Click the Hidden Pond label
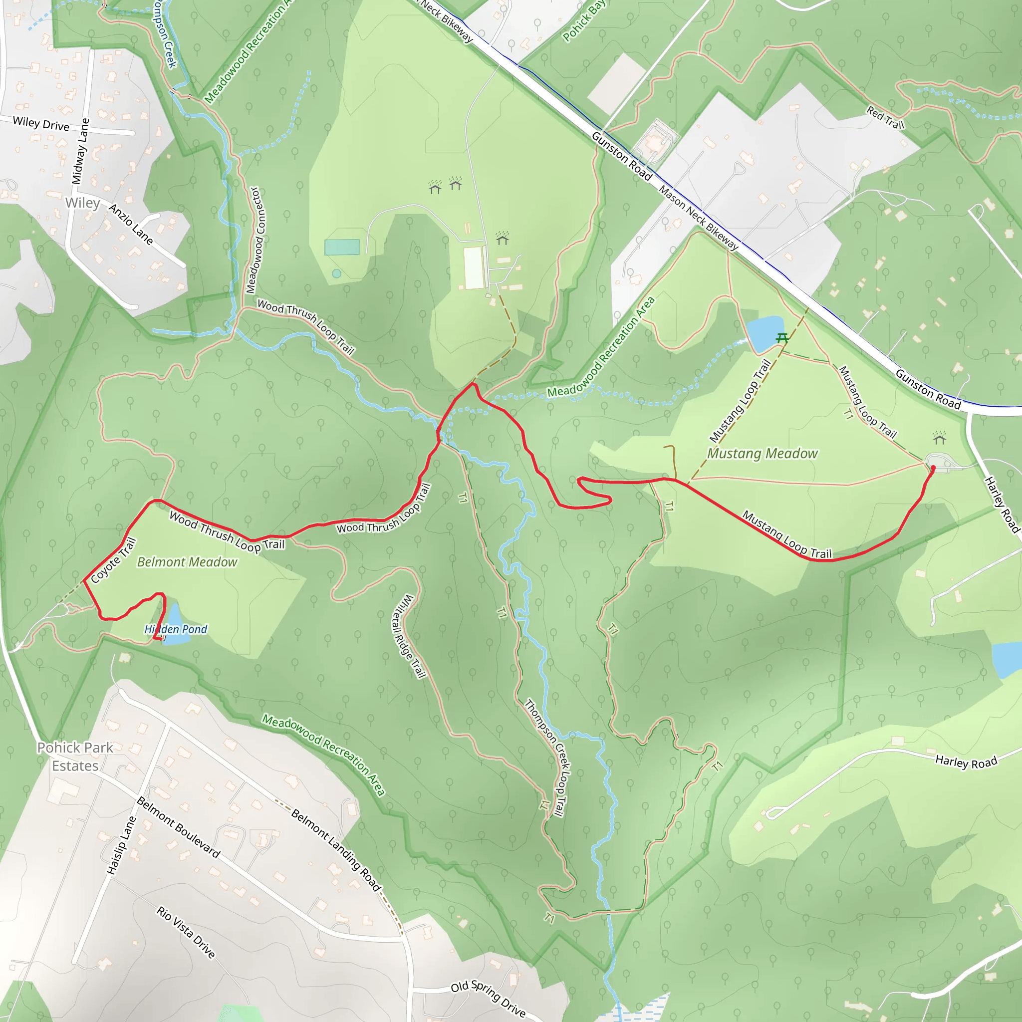coord(176,629)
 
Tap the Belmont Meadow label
coord(187,562)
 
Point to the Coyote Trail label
coord(113,561)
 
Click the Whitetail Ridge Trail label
coord(408,636)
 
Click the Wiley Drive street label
coord(41,124)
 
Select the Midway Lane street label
coord(80,151)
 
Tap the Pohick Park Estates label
coord(75,757)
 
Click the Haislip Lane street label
coord(121,845)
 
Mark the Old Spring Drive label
coord(488,999)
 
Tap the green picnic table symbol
coord(782,337)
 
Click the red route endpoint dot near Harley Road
coord(933,468)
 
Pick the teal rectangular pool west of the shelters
coord(342,247)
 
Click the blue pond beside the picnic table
coord(764,333)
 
